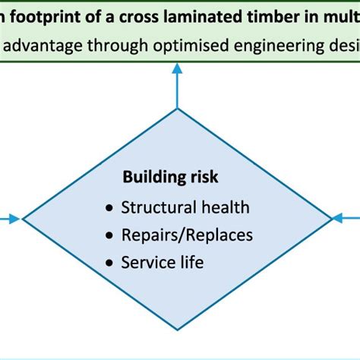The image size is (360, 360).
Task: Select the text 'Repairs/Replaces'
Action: [187, 235]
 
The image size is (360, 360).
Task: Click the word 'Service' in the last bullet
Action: [147, 263]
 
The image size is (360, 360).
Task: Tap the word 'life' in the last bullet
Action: [191, 263]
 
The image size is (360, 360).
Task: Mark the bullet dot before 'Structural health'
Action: [111, 208]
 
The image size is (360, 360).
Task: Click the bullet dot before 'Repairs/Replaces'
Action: [111, 235]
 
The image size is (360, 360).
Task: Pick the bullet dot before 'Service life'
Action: [111, 264]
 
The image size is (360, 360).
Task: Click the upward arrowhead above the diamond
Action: [177, 68]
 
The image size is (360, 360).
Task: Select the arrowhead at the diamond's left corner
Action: [15, 219]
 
